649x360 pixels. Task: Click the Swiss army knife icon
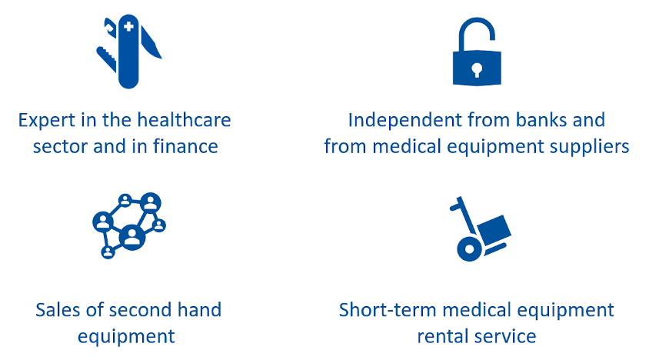point(128,52)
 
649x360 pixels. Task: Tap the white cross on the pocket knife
point(128,26)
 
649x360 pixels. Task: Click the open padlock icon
point(477,52)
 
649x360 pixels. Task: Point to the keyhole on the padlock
point(477,69)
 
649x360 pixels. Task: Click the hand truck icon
point(480,228)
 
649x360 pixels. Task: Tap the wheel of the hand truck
point(469,249)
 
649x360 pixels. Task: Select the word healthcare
point(184,120)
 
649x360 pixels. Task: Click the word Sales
point(58,310)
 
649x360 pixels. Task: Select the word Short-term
point(388,310)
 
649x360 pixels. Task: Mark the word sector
point(61,147)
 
